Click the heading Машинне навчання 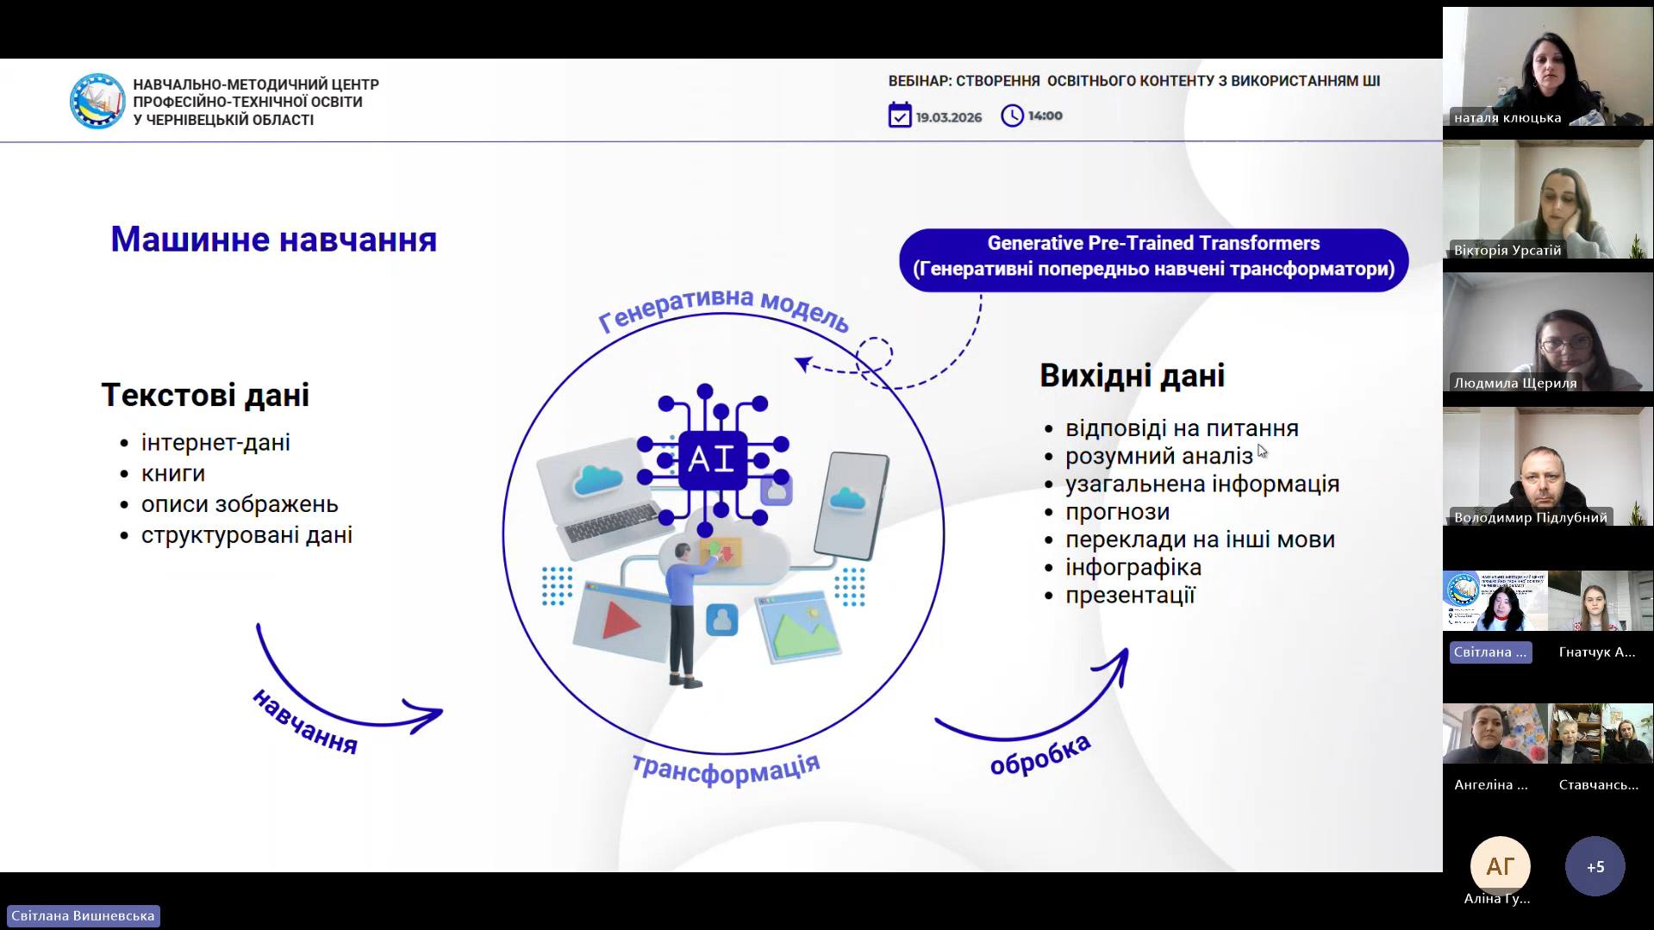(273, 240)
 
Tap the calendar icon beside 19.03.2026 (900, 115)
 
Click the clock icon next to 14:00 (1012, 115)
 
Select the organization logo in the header (97, 101)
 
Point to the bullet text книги (173, 473)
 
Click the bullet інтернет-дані (215, 442)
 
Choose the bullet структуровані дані (247, 534)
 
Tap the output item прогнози (1117, 512)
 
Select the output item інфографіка (1133, 567)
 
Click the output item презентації (1130, 595)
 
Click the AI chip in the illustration (713, 459)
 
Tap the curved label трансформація (726, 769)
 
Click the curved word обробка (1040, 755)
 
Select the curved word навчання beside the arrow (304, 722)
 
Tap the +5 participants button (1595, 866)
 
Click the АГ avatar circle (1500, 866)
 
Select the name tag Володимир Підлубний (1530, 517)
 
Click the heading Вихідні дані (1132, 376)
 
